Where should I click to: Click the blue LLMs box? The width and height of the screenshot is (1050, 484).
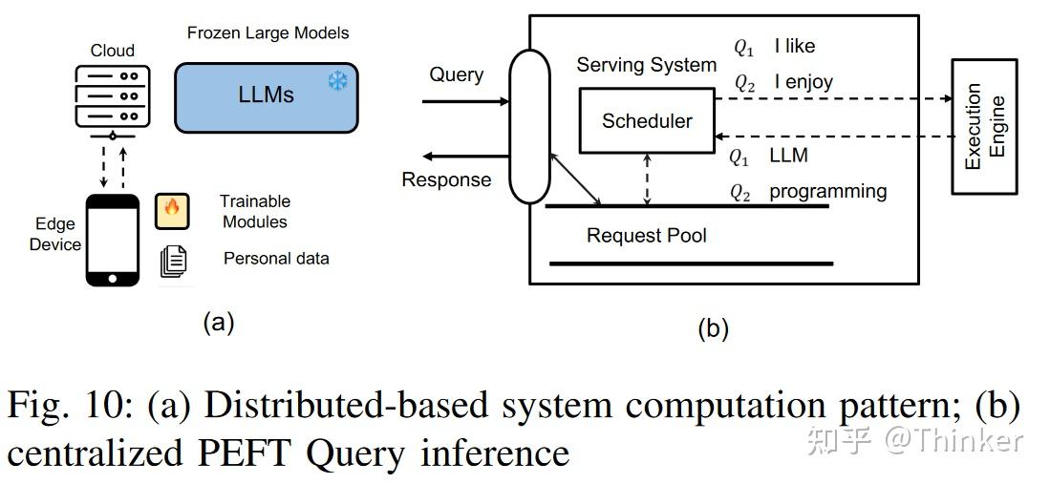(266, 96)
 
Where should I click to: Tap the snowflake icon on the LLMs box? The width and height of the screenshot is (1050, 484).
(337, 81)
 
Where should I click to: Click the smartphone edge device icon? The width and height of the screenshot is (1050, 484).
(113, 239)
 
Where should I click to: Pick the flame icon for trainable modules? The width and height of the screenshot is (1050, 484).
(173, 211)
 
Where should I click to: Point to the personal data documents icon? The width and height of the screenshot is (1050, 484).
(173, 261)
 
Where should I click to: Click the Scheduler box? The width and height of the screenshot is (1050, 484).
(647, 121)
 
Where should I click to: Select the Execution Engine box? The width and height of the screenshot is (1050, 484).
(983, 126)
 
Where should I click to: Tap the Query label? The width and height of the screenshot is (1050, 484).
(456, 74)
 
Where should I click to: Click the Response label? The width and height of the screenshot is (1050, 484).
(446, 179)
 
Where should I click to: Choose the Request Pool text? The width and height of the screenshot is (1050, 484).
(646, 236)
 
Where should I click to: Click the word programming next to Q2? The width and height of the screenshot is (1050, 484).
(827, 191)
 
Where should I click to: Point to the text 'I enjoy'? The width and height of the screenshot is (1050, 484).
(804, 82)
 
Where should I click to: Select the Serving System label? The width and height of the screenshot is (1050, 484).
(646, 65)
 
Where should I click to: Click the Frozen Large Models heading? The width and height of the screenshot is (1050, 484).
(268, 32)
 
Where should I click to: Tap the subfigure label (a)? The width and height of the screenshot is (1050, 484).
(218, 323)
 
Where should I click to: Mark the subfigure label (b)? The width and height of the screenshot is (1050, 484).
(713, 329)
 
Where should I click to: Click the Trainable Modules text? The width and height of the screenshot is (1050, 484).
(254, 211)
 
